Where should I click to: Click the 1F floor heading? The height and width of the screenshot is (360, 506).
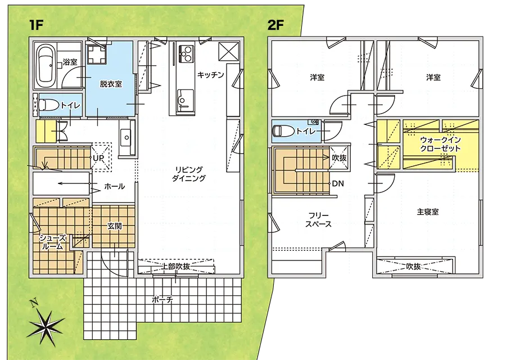(36, 25)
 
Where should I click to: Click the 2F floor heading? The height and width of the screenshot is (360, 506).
(276, 25)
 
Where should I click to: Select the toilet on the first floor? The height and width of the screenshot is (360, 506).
(48, 105)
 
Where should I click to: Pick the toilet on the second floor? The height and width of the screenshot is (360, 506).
(283, 131)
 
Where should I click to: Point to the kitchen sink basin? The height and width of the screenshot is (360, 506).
(185, 98)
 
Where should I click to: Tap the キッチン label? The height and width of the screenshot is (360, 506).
(210, 75)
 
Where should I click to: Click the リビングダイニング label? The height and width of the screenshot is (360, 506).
(189, 174)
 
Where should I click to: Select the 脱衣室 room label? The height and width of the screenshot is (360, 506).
(111, 84)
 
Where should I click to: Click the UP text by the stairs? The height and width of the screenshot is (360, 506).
(98, 158)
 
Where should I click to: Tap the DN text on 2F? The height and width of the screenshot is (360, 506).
(338, 184)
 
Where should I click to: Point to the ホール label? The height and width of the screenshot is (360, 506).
(114, 186)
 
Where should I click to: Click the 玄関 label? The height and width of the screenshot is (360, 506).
(115, 226)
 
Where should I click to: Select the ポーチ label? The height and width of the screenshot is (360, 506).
(162, 300)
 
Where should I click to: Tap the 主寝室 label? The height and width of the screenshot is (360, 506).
(428, 212)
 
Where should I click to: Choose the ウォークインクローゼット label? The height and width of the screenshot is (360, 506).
(440, 145)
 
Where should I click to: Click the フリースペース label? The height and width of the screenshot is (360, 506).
(318, 220)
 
